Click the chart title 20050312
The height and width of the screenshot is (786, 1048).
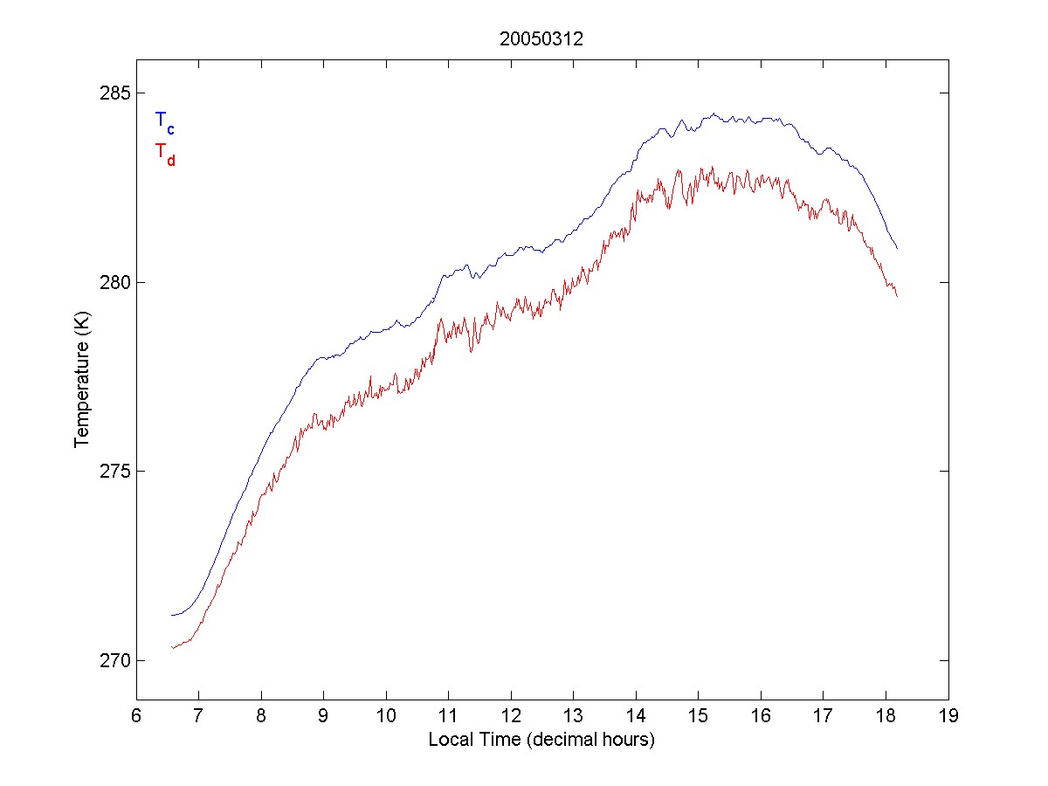pyautogui.click(x=541, y=39)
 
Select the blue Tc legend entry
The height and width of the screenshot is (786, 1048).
pyautogui.click(x=164, y=122)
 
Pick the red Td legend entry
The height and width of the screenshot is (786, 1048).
pyautogui.click(x=164, y=154)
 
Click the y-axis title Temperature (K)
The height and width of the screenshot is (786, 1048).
pyautogui.click(x=82, y=376)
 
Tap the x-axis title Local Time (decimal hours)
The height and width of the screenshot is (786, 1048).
pyautogui.click(x=541, y=740)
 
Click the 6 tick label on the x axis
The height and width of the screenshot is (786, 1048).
pyautogui.click(x=136, y=717)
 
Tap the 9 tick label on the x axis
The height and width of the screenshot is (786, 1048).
pyautogui.click(x=323, y=717)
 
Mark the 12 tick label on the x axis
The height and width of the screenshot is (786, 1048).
pyautogui.click(x=511, y=717)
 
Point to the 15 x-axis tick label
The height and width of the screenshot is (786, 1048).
pyautogui.click(x=698, y=717)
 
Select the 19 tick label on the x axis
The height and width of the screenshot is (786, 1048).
pyautogui.click(x=948, y=717)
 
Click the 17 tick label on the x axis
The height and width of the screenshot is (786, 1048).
pyautogui.click(x=824, y=717)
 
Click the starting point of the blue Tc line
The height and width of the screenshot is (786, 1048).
pyautogui.click(x=172, y=615)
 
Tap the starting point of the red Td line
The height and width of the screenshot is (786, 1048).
pyautogui.click(x=172, y=647)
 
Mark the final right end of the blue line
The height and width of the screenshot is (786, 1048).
pyautogui.click(x=897, y=249)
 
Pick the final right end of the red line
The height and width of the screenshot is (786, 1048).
pyautogui.click(x=897, y=297)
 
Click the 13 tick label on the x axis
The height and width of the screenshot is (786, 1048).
pyautogui.click(x=573, y=717)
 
